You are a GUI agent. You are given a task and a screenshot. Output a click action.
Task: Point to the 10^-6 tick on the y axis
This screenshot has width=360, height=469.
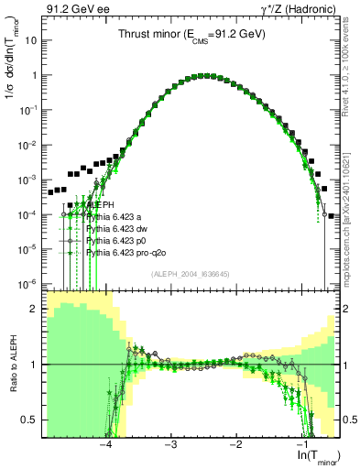(x=27, y=284)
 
